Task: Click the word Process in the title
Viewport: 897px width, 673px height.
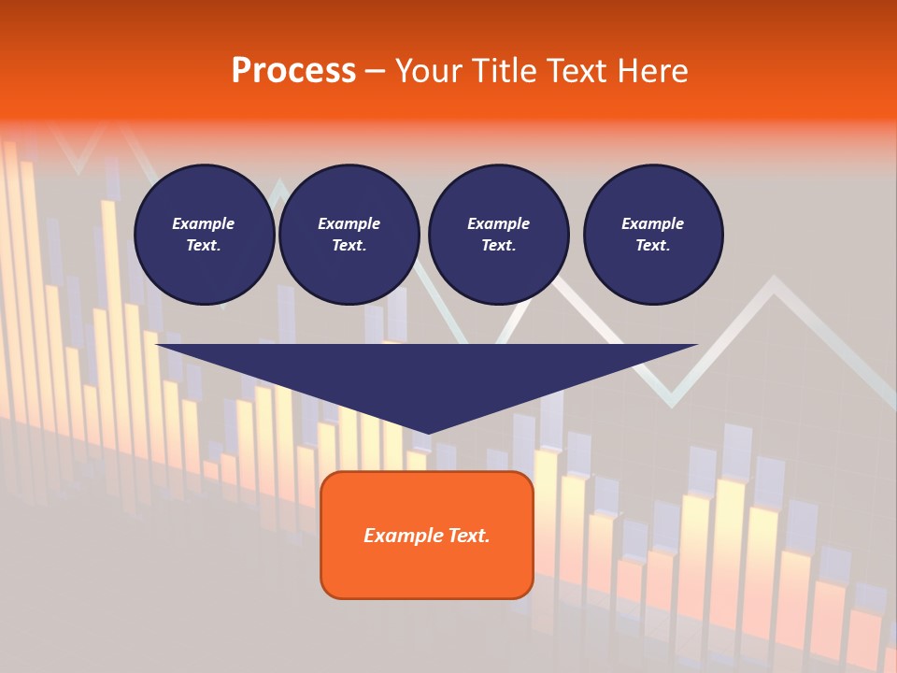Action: (293, 71)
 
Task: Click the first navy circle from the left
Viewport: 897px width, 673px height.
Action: (204, 235)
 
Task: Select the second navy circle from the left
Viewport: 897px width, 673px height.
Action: (349, 235)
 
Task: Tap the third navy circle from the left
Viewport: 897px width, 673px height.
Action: (498, 235)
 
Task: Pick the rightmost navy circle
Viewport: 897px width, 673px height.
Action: (653, 235)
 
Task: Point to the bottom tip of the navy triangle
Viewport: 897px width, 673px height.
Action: (427, 432)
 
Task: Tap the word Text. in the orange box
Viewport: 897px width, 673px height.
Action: (468, 536)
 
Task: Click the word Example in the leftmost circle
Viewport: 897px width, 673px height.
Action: (204, 223)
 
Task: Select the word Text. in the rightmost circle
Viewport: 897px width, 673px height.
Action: (653, 246)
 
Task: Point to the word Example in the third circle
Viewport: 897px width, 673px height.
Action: (498, 223)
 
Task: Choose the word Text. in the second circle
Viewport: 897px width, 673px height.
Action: (349, 246)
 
